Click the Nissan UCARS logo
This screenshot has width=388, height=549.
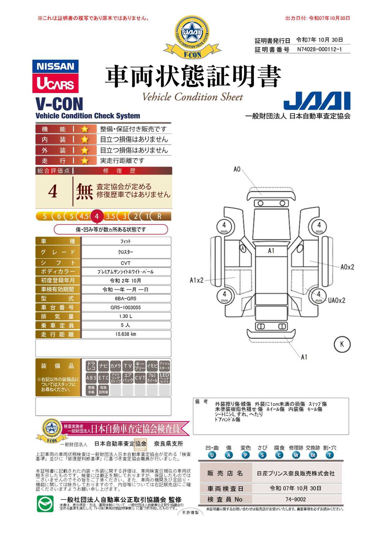click(x=55, y=76)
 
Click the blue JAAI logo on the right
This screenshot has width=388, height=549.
click(x=317, y=101)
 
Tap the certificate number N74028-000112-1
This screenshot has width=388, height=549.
click(x=319, y=49)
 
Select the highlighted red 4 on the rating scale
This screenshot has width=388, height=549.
click(x=97, y=216)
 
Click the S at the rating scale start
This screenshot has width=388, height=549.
click(x=45, y=216)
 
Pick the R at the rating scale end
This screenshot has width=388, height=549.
click(x=159, y=216)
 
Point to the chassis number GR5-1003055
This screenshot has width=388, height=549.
click(x=125, y=307)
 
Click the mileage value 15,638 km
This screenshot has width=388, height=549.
click(x=125, y=334)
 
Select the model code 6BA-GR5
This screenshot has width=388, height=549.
click(x=125, y=298)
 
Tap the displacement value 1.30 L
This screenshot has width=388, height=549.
click(x=125, y=316)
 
